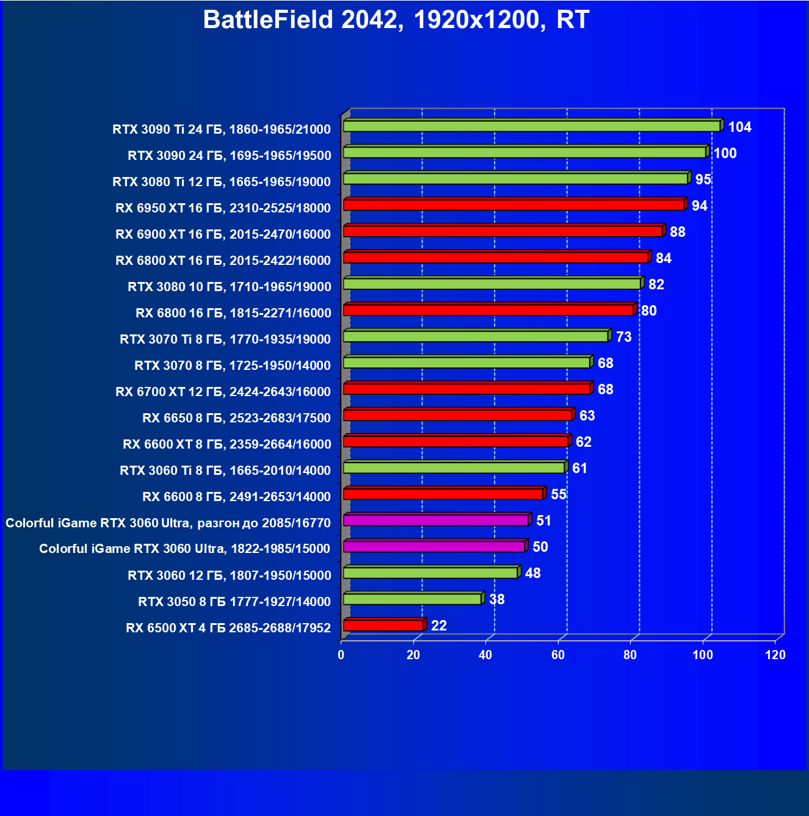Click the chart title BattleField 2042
pos(396,20)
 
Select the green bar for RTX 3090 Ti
pos(531,126)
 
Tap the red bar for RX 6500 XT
pos(383,626)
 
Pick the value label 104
pos(739,127)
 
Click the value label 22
pos(438,626)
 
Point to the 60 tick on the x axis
pos(558,655)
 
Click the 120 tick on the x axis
pos(775,655)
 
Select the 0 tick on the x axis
pos(341,655)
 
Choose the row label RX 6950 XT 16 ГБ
pos(223,208)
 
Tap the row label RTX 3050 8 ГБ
pos(234,602)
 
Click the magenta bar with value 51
pos(435,521)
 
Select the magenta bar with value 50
pos(434,547)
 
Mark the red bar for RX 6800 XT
pos(495,258)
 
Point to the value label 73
pos(623,337)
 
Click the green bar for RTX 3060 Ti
pos(454,468)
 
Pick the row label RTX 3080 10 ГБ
pos(229,287)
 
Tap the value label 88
pos(677,232)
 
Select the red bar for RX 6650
pos(457,416)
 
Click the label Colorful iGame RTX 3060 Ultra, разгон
pos(168,523)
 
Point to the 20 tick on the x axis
pos(413,655)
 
